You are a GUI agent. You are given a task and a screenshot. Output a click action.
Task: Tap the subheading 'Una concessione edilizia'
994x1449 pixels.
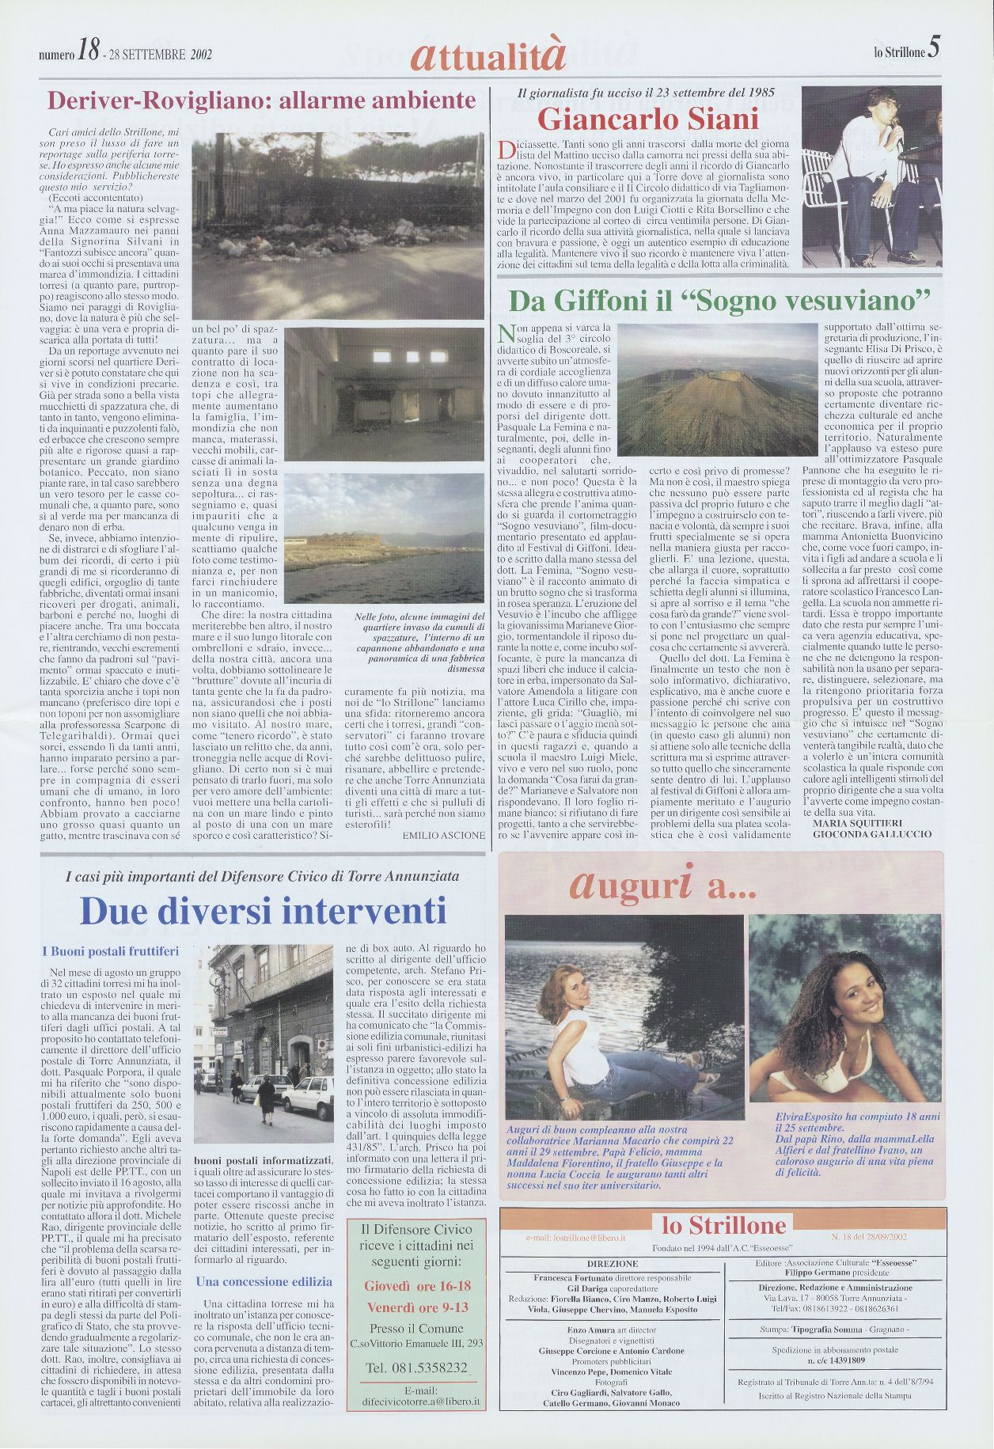tap(264, 1281)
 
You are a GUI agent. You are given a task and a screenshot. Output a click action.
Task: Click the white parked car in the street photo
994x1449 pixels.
tap(309, 1096)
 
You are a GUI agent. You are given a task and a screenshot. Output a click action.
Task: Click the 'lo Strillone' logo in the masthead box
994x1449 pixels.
tap(723, 1226)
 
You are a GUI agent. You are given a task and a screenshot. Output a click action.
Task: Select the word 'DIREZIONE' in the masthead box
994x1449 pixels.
tap(613, 1264)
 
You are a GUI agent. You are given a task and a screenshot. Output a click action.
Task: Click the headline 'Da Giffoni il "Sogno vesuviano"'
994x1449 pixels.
tap(718, 301)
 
